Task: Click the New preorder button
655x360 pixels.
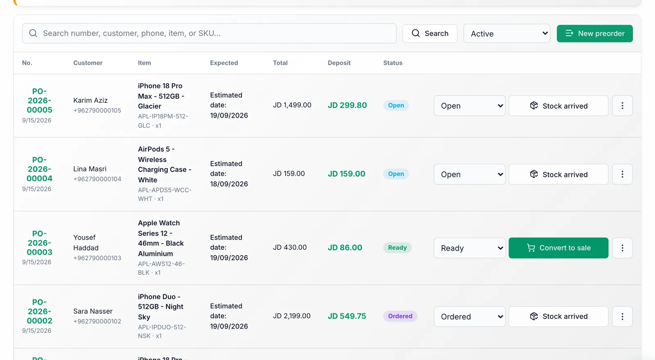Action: [594, 34]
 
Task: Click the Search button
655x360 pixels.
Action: [430, 34]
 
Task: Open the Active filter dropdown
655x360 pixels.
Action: [507, 34]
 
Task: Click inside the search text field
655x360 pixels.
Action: [209, 33]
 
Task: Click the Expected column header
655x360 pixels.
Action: [224, 63]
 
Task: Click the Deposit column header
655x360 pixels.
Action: [339, 63]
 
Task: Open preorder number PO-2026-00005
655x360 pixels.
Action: [39, 101]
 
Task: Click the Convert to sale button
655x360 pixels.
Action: [558, 248]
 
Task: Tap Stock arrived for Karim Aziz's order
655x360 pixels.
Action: [558, 106]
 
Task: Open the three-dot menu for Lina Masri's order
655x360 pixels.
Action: [622, 174]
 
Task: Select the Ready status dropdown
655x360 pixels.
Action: [470, 248]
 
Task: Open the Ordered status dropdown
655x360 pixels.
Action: [470, 317]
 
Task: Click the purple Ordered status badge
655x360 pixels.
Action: [400, 316]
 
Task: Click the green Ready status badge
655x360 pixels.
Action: [398, 248]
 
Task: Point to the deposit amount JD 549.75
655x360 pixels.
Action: [347, 316]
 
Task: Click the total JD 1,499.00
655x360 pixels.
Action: [292, 105]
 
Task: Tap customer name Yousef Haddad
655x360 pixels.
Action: [86, 243]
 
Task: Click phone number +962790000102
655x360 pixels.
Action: [97, 322]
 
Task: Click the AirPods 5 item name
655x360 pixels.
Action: [165, 164]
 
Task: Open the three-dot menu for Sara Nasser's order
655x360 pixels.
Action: [622, 317]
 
